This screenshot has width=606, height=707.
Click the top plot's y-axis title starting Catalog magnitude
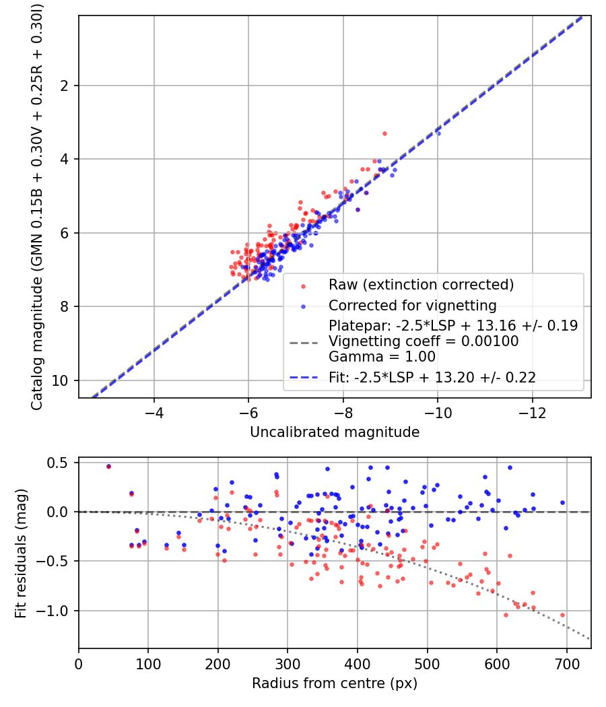(x=36, y=207)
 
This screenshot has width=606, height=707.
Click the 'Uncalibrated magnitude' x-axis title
(x=335, y=432)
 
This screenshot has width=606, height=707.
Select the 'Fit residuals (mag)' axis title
(x=21, y=553)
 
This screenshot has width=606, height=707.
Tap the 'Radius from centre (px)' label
(x=335, y=683)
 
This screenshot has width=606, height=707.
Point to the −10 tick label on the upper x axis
(x=438, y=413)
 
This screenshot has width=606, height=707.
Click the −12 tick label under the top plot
(x=532, y=413)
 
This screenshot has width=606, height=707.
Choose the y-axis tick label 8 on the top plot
(x=65, y=306)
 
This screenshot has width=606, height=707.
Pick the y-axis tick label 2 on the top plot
(x=65, y=86)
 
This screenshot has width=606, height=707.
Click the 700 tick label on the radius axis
(x=566, y=664)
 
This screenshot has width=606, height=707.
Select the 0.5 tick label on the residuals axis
(x=57, y=463)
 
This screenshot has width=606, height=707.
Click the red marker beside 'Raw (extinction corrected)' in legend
(x=303, y=286)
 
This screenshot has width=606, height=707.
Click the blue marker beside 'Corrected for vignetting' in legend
(x=303, y=306)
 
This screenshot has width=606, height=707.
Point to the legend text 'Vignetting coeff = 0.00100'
(x=424, y=341)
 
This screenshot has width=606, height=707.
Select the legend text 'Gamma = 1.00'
(x=382, y=357)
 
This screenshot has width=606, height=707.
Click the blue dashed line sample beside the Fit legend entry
(x=303, y=377)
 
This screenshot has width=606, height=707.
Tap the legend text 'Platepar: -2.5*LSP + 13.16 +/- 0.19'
(x=453, y=325)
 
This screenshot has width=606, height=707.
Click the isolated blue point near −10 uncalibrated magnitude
(x=438, y=133)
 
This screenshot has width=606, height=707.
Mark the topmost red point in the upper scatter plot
(x=384, y=133)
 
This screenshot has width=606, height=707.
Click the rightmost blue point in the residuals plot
(x=562, y=502)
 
